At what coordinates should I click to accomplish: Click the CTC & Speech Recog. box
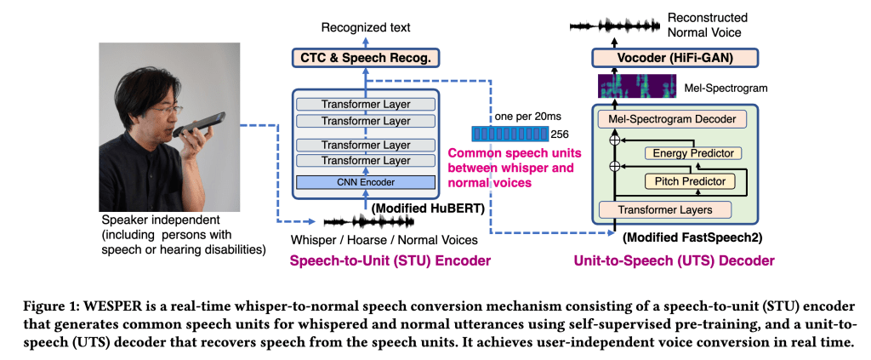tap(365, 58)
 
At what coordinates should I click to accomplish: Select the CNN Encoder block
tap(365, 181)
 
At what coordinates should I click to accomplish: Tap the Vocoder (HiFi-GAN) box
tap(662, 58)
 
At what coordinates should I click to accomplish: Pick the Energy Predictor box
tap(692, 153)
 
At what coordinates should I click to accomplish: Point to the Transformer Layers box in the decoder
tap(666, 209)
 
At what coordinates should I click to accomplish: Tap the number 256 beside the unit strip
tap(560, 134)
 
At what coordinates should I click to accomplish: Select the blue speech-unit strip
tap(509, 134)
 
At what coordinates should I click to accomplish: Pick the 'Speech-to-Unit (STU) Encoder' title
tap(391, 260)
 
